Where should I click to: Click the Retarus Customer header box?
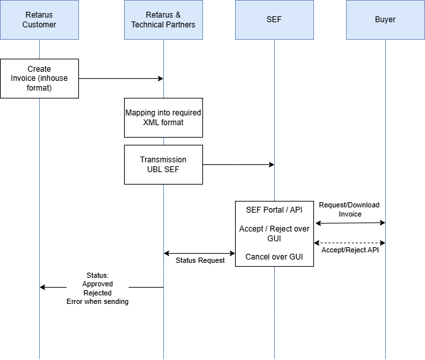[39, 20]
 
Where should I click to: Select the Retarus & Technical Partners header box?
[163, 20]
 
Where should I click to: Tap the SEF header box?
[274, 20]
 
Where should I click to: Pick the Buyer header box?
[385, 20]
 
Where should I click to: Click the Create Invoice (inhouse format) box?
[39, 78]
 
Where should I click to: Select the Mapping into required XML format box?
[163, 117]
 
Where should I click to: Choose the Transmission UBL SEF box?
[163, 164]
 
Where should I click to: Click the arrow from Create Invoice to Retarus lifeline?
[121, 78]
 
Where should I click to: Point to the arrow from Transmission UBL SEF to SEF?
[238, 165]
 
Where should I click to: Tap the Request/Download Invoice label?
[349, 209]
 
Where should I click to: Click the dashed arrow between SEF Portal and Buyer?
[349, 243]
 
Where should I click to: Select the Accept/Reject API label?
[349, 250]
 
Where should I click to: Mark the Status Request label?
[200, 260]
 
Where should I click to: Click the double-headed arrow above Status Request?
[199, 253]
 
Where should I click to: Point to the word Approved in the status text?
[97, 284]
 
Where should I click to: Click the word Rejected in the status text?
[97, 293]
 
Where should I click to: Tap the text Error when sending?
[97, 301]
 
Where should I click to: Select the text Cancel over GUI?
[274, 257]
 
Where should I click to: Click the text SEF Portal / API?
[274, 211]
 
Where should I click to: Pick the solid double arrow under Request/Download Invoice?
[349, 223]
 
